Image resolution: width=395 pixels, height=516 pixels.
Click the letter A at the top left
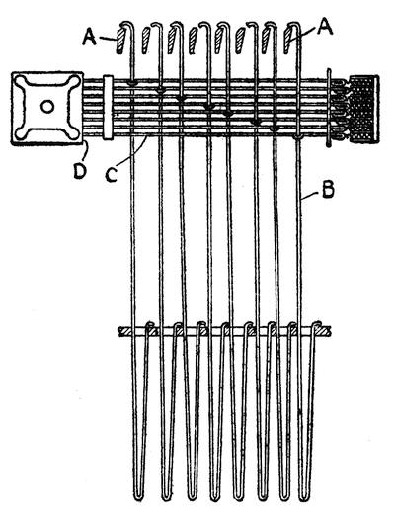89,36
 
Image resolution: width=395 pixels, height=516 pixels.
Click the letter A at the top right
325,27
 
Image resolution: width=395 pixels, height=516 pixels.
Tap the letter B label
328,189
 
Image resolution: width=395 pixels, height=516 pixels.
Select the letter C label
112,174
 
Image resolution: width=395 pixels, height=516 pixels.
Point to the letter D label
80,171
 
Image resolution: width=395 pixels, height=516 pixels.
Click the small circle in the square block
47,107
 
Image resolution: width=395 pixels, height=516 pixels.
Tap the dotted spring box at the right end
364,109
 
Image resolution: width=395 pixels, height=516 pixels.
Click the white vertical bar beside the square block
108,108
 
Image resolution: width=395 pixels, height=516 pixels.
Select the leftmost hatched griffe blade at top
120,41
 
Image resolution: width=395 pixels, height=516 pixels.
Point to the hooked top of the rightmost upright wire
294,25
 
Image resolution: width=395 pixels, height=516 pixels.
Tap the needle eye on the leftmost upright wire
131,83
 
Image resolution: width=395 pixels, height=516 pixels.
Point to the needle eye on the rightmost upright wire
298,136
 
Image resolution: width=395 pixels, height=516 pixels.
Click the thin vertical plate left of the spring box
328,108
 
